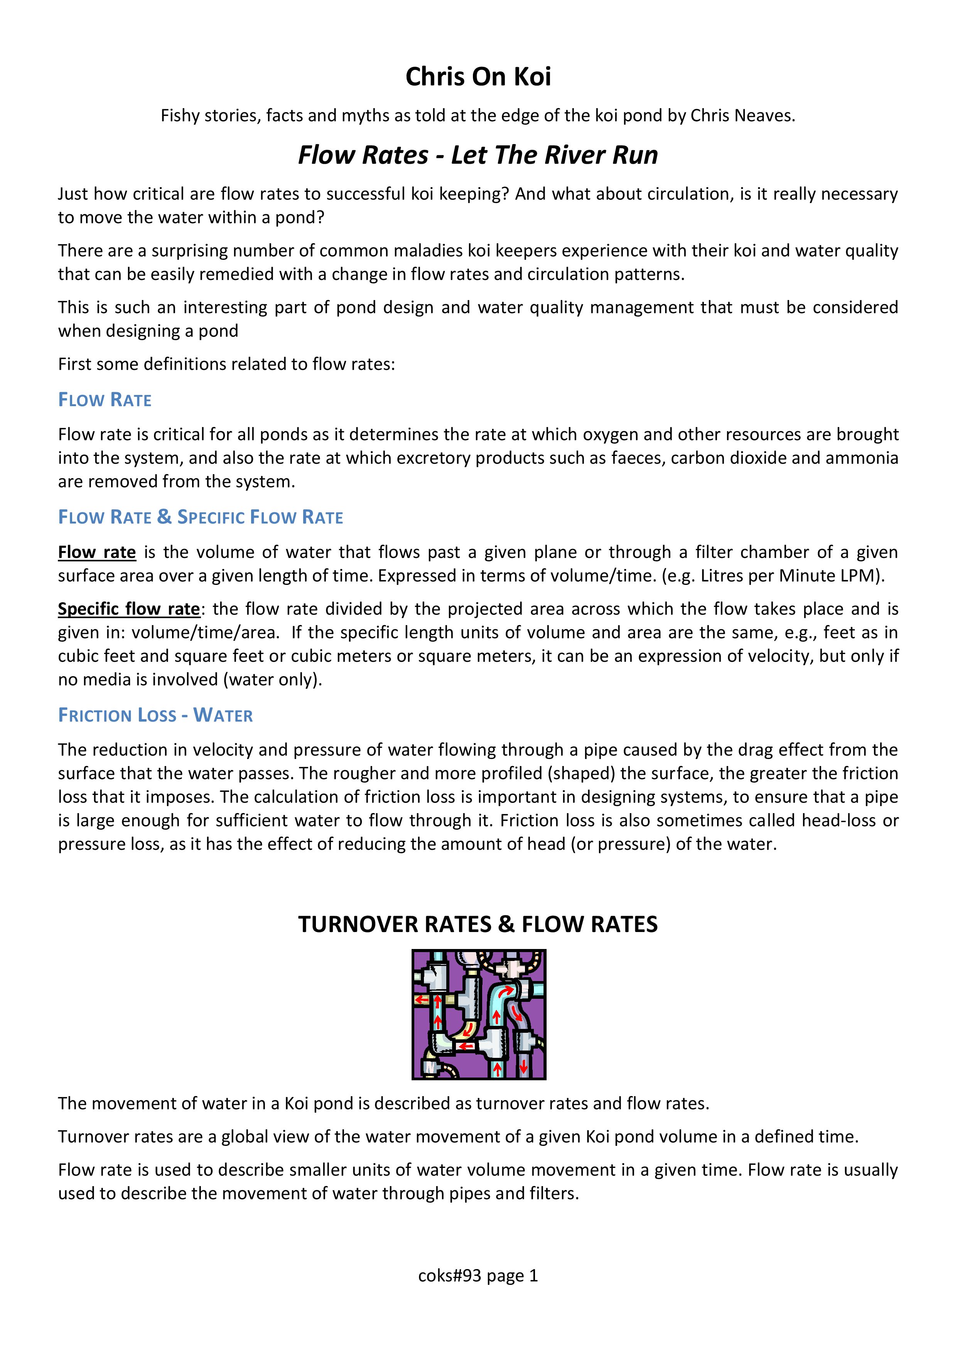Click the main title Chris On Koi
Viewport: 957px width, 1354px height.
[478, 77]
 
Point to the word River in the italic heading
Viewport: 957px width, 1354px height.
[576, 155]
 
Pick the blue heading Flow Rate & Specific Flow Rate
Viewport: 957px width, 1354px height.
[200, 517]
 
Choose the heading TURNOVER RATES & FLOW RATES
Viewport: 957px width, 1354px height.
[478, 924]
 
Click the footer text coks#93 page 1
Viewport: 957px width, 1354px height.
[478, 1276]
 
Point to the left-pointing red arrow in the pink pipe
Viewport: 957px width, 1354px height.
[465, 1047]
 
